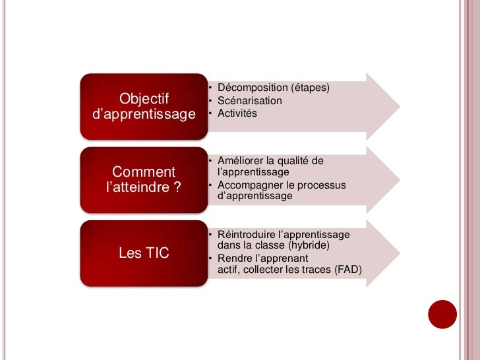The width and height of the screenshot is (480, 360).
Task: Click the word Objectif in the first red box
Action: [x=144, y=99]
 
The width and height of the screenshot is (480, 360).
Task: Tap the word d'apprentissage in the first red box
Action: [x=144, y=115]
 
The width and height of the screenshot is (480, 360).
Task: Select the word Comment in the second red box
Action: [x=144, y=173]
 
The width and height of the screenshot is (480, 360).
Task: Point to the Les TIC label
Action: [x=144, y=253]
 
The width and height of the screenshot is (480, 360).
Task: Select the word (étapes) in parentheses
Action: [x=310, y=88]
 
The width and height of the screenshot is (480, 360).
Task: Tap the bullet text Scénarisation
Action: [x=249, y=101]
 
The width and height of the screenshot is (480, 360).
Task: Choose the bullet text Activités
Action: [x=237, y=113]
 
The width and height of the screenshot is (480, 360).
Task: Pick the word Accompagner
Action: [x=248, y=185]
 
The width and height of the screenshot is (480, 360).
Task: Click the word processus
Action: [x=323, y=185]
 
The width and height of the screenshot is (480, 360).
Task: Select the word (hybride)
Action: [x=304, y=245]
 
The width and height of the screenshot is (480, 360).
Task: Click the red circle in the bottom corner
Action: [x=442, y=314]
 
